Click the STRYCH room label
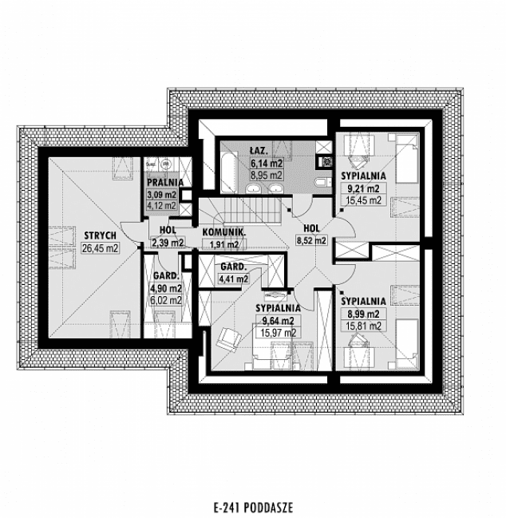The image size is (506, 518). pos(99,235)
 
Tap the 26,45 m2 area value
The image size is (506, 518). pos(99,247)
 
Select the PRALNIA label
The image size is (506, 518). pos(164,182)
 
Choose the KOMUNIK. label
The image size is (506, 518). pos(223,231)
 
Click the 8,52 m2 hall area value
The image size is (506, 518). pos(310,239)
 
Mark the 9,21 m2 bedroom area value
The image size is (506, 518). pos(362,188)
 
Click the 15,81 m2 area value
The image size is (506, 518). pos(363,326)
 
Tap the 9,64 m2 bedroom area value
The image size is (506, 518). pos(277,321)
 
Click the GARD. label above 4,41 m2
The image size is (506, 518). pos(232,266)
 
